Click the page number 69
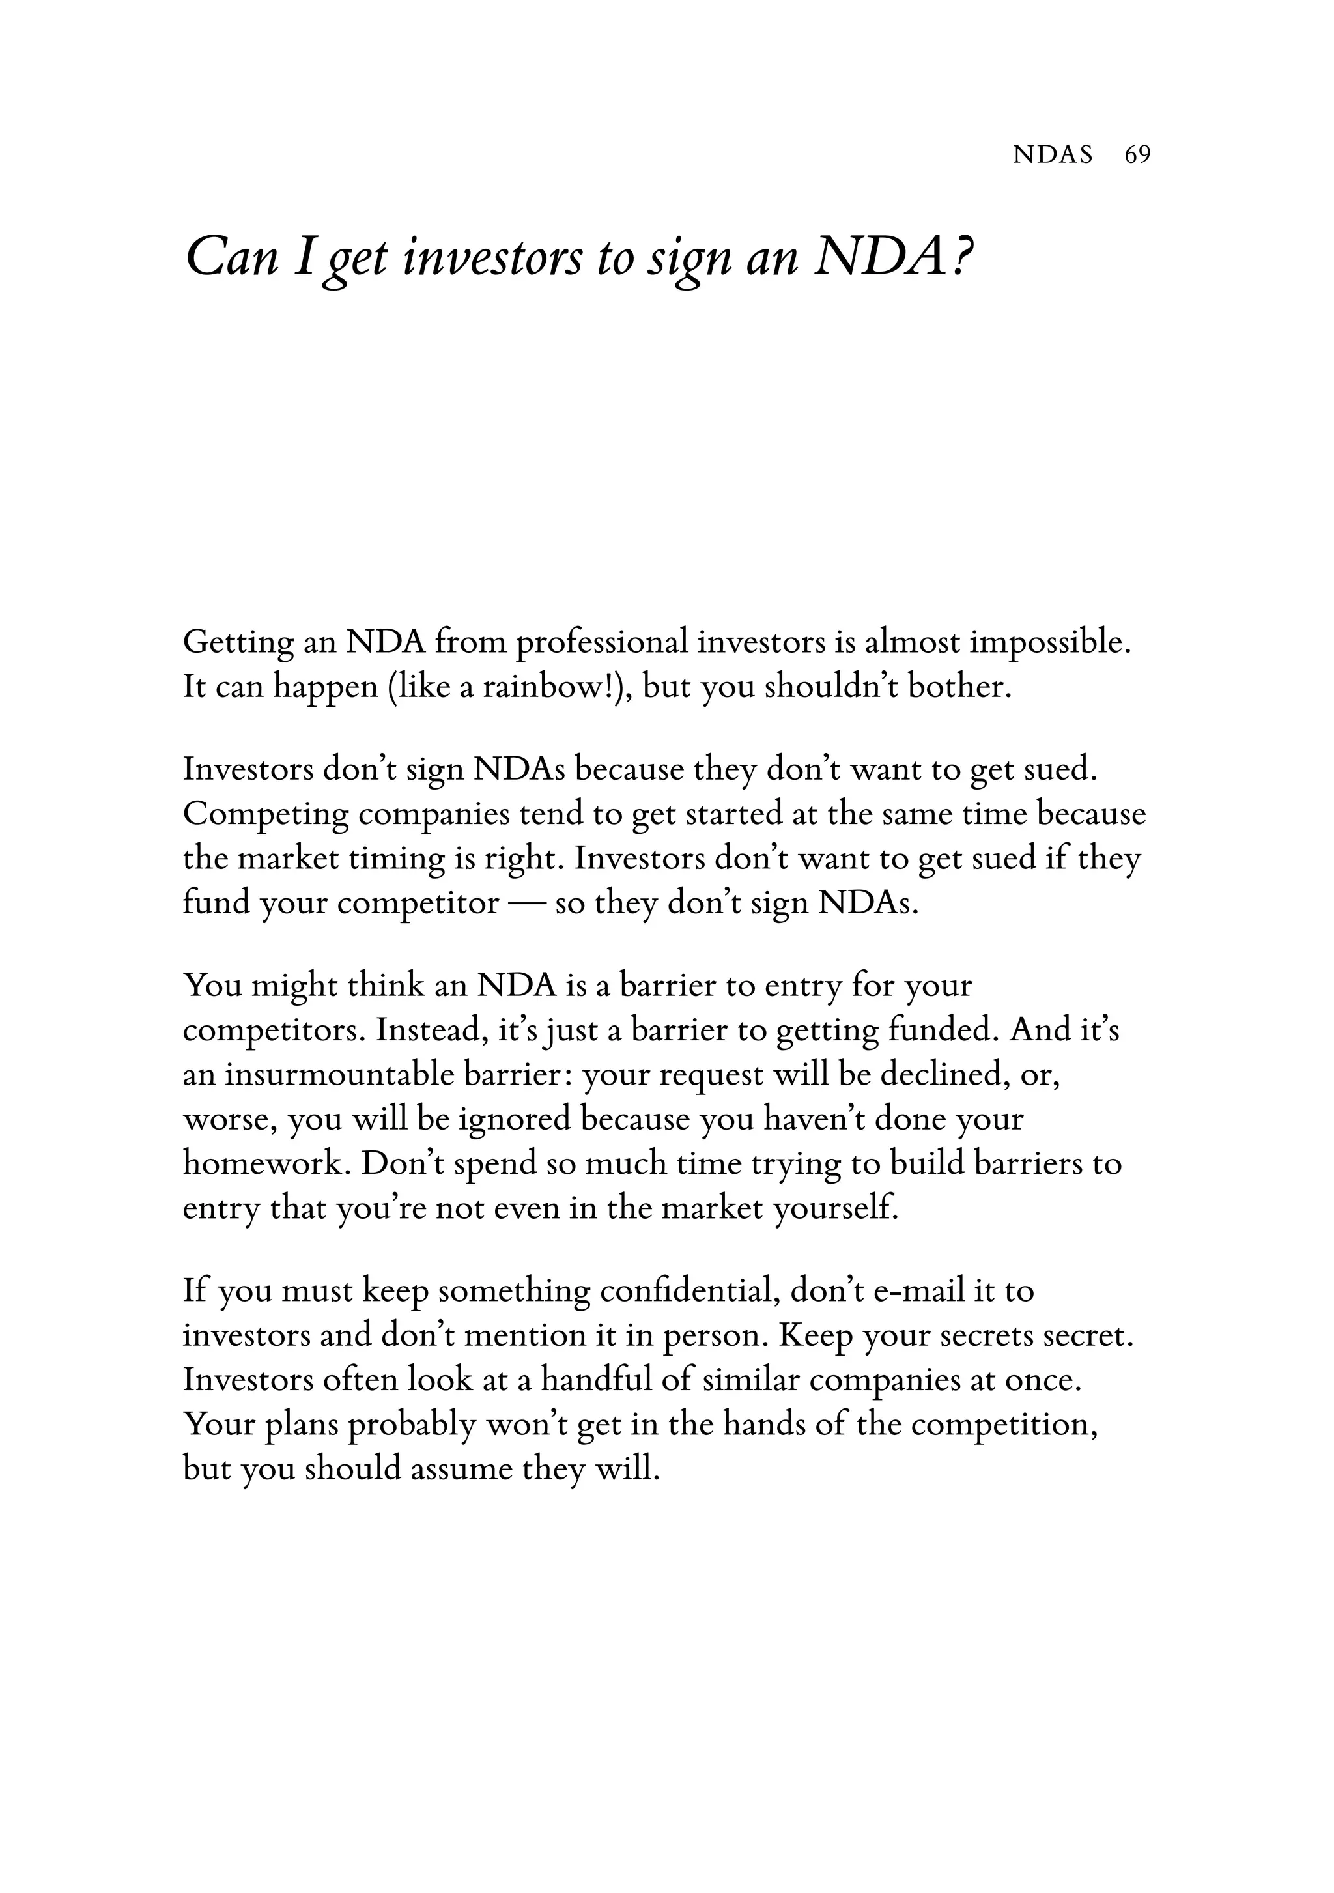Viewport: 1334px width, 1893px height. [1137, 154]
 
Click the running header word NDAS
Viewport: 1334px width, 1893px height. [1052, 154]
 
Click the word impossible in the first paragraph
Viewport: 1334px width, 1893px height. [1049, 642]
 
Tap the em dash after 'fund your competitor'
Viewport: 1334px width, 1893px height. [526, 904]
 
